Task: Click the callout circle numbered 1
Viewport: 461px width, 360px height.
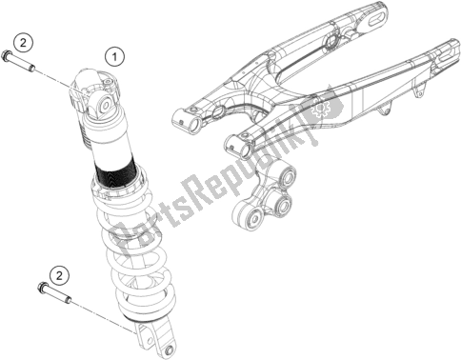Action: (x=114, y=57)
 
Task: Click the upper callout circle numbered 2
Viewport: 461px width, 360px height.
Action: (x=23, y=43)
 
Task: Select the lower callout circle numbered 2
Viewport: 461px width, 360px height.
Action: (x=60, y=276)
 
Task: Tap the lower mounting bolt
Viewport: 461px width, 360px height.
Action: (x=54, y=290)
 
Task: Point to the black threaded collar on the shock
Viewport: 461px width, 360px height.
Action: (x=116, y=174)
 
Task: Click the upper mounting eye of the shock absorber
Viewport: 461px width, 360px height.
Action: (x=104, y=106)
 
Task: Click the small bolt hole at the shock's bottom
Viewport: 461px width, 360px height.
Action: (x=169, y=350)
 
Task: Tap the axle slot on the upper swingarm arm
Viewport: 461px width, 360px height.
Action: (x=378, y=19)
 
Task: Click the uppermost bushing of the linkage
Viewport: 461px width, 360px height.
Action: (x=288, y=175)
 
